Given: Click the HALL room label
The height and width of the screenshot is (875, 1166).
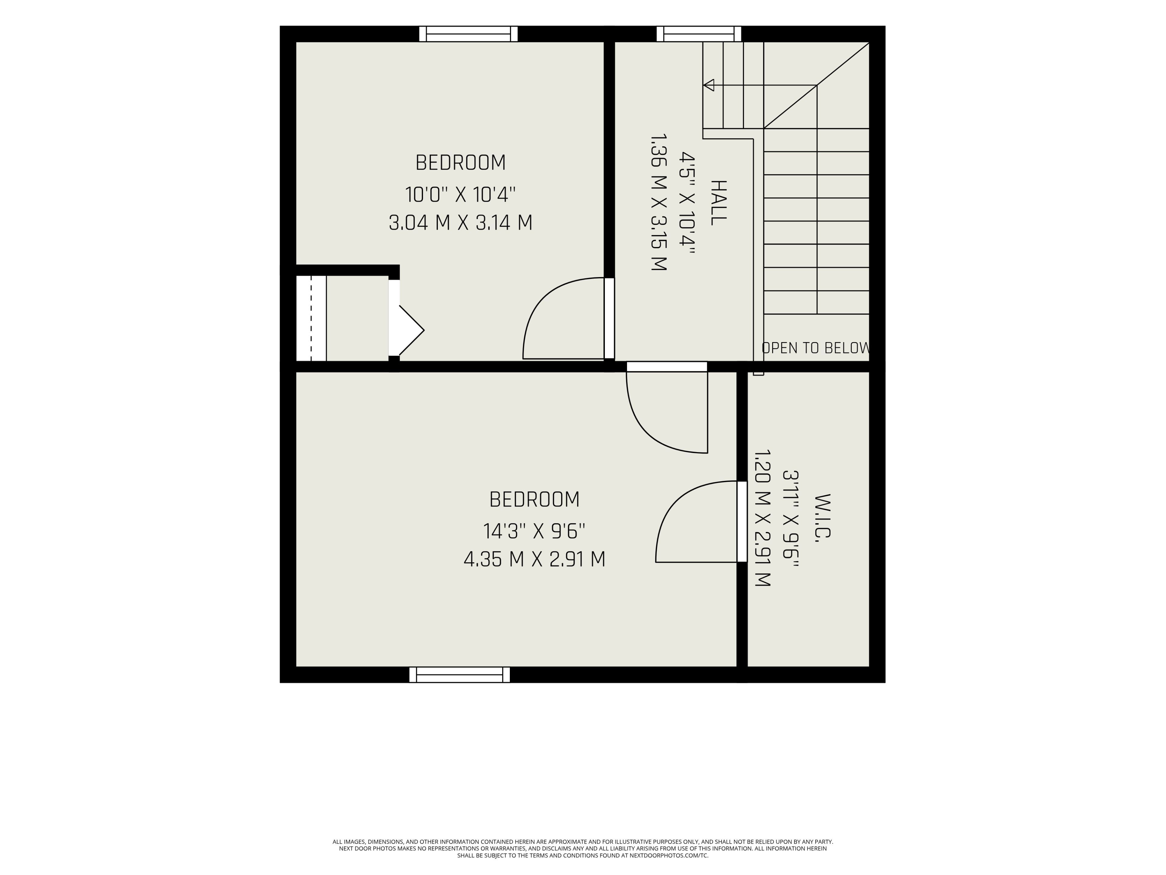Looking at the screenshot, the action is tap(719, 203).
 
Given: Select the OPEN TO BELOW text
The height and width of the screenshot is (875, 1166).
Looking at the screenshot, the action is tap(816, 348).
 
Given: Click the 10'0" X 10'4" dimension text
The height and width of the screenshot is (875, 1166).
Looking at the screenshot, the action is tap(460, 195).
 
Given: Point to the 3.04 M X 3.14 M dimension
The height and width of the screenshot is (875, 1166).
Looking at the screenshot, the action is tap(460, 223).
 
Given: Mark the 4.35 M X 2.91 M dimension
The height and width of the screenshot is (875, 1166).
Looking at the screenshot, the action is tap(534, 559).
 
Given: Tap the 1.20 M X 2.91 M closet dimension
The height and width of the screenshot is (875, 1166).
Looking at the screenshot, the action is tap(762, 518).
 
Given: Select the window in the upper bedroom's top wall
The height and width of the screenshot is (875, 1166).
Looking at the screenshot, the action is tap(469, 34).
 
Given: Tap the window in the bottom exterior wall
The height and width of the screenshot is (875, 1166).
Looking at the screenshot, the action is tap(460, 674).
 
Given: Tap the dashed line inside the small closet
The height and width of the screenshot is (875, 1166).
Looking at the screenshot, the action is tap(311, 319).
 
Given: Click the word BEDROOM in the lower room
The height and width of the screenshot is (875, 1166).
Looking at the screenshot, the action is tap(534, 499).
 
